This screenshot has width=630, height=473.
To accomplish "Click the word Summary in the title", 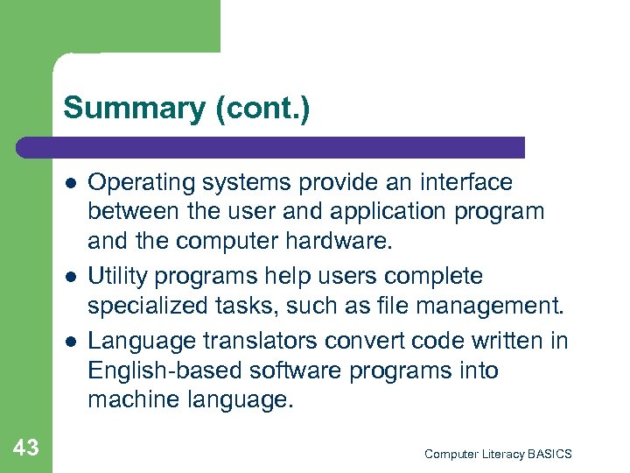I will coord(133,109).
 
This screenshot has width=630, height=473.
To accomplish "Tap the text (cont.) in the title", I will coord(261,109).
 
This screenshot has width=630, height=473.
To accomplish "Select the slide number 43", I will coord(26,448).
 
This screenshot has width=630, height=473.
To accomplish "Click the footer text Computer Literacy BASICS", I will coord(498,454).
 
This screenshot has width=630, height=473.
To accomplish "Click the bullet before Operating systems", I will coord(68,184).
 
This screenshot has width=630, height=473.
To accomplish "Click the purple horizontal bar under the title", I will coord(271,146).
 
